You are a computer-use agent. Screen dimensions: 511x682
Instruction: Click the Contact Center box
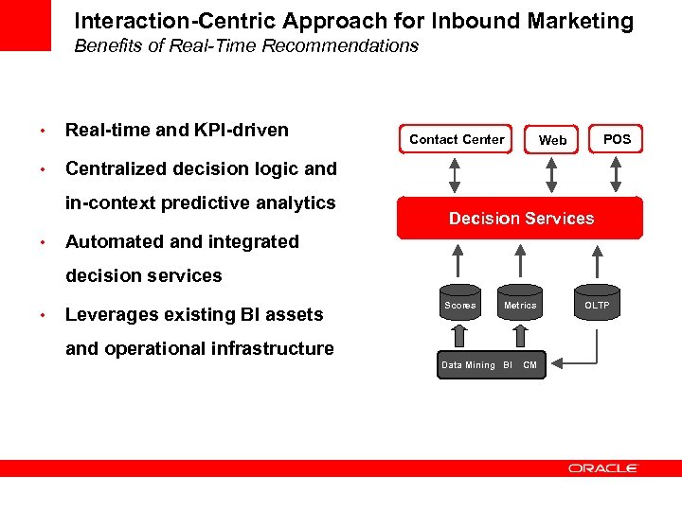click(x=457, y=139)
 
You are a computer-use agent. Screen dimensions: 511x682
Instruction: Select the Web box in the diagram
click(x=552, y=139)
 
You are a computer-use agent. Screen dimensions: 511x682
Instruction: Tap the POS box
click(x=617, y=139)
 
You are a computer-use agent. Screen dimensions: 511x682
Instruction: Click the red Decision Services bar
click(x=520, y=219)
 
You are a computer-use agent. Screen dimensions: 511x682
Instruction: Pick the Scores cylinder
click(x=460, y=305)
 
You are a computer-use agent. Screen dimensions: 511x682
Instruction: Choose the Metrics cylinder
click(x=519, y=305)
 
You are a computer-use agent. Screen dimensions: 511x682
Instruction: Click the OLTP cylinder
click(x=597, y=305)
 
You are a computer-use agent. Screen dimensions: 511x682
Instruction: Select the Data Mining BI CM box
click(x=489, y=365)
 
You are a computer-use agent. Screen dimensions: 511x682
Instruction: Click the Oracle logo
click(x=603, y=467)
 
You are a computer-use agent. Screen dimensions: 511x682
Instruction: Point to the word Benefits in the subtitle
click(x=107, y=45)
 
